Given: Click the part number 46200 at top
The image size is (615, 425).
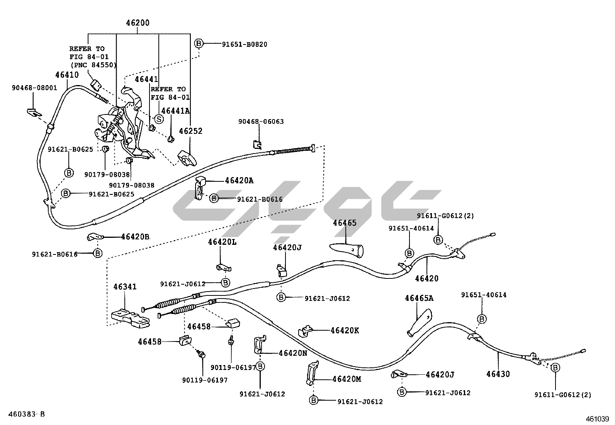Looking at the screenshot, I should point(138,23).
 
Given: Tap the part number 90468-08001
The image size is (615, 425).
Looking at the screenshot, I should point(34,88).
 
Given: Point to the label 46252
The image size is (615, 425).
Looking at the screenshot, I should point(190,131).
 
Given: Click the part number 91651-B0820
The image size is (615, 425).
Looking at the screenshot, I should point(245,44).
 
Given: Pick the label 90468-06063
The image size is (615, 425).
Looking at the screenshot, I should point(261,121).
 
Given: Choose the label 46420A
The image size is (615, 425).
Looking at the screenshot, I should point(239,181).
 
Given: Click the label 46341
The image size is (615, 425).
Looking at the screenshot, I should point(125,287).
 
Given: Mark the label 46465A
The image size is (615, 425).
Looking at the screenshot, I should point(419,298).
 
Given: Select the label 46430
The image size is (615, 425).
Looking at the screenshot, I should point(498,374).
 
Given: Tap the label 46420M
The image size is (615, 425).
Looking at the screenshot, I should point(347,379).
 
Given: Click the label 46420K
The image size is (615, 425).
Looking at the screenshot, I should point(345,330).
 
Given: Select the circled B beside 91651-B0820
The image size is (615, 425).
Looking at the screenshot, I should point(199,43).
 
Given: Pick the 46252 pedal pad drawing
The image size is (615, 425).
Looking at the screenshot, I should point(187,158).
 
